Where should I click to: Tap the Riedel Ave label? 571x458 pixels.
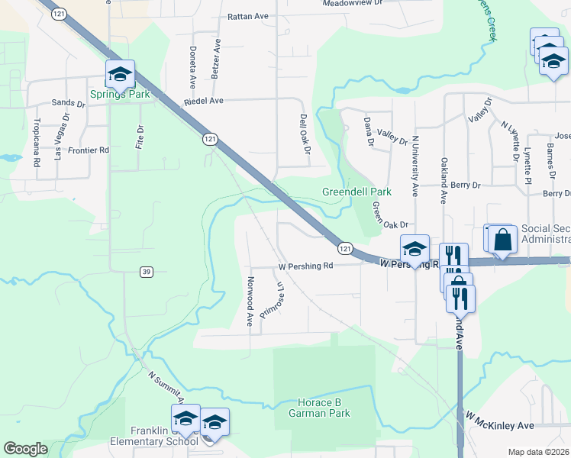tap(203, 101)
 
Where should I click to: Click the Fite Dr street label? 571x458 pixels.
tap(140, 137)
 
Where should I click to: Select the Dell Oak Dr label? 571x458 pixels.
tap(304, 135)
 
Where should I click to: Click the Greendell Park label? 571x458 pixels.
tap(356, 192)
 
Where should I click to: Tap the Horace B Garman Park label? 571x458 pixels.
tap(324, 408)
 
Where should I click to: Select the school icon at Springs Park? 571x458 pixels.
tap(120, 74)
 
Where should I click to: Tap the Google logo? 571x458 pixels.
tap(25, 448)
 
